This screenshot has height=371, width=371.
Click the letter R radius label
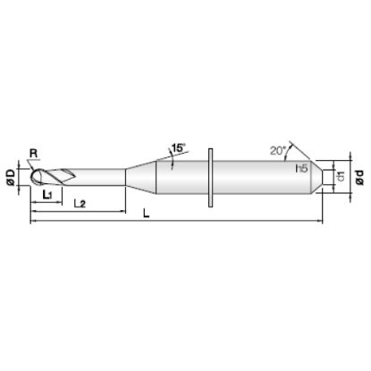pyautogui.click(x=34, y=154)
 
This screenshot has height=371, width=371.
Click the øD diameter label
pyautogui.click(x=11, y=178)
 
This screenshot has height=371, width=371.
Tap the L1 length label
pyautogui.click(x=47, y=195)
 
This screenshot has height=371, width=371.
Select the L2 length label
pyautogui.click(x=80, y=204)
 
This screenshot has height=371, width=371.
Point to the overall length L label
pyautogui.click(x=146, y=213)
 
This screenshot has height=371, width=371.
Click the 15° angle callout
pyautogui.click(x=179, y=148)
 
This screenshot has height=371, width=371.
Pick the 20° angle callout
pyautogui.click(x=278, y=151)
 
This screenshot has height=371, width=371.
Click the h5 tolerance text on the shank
pyautogui.click(x=301, y=169)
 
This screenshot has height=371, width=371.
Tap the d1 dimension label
pyautogui.click(x=341, y=176)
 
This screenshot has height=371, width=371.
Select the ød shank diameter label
pyautogui.click(x=360, y=178)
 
